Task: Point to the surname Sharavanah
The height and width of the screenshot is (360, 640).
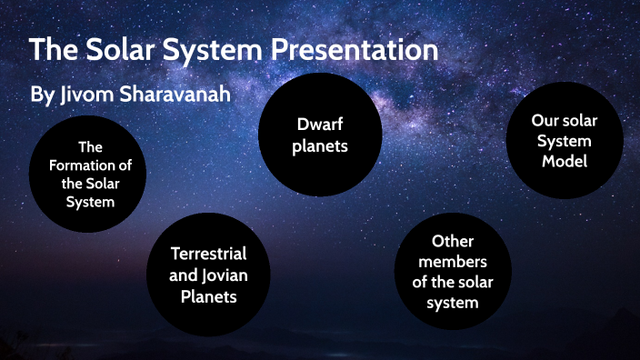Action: tap(185, 95)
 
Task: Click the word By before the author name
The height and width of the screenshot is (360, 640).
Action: tap(43, 95)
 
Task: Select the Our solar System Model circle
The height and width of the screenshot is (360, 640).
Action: tap(565, 142)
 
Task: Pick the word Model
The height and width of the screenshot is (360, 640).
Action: tap(565, 161)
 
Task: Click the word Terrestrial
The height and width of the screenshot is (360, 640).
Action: tap(208, 254)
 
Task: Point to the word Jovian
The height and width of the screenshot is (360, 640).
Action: tap(222, 274)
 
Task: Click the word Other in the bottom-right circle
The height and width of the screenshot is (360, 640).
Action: tap(453, 242)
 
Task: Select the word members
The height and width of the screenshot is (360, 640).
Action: tap(453, 262)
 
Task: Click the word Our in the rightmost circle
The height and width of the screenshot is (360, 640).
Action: tap(546, 122)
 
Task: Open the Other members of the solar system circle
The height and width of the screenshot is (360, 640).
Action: tap(453, 272)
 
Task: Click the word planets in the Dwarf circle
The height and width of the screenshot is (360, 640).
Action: tap(320, 145)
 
